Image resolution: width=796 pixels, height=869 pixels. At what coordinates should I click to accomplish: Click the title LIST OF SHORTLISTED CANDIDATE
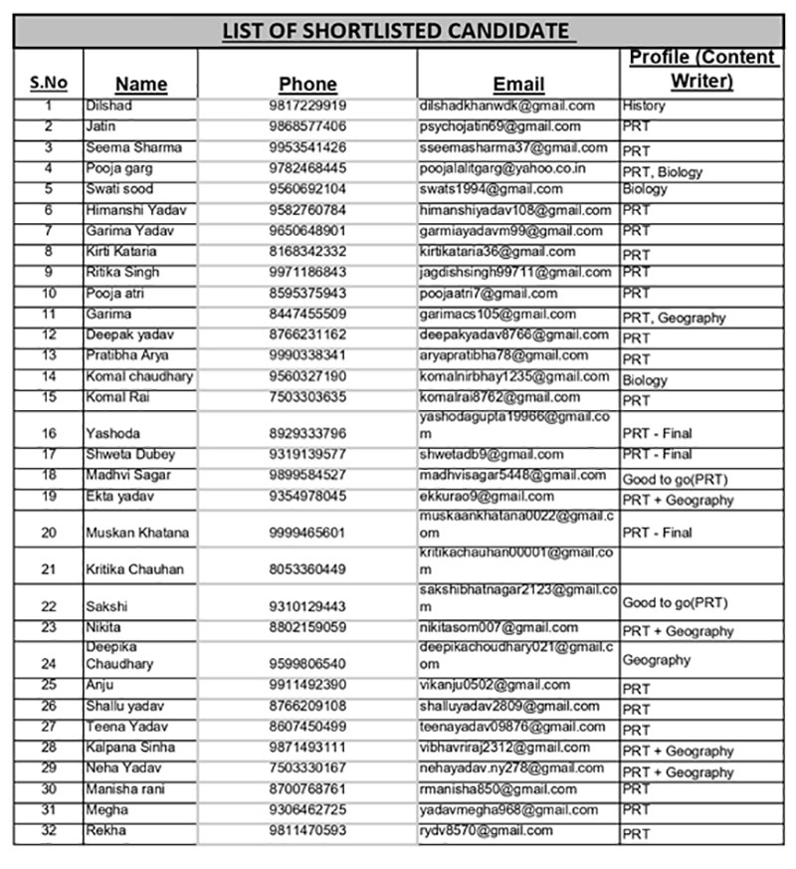point(398,31)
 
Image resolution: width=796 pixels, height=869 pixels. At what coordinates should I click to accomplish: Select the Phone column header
point(307,84)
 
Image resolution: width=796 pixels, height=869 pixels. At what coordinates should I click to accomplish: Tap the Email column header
point(518,84)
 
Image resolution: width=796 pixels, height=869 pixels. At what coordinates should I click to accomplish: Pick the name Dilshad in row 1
point(109,106)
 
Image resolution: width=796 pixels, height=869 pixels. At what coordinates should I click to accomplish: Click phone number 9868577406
point(307,126)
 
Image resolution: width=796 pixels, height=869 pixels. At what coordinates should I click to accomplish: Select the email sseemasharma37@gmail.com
point(513,147)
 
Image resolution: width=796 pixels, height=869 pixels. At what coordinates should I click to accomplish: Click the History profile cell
point(644,106)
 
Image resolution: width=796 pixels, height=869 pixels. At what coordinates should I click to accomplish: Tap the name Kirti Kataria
point(121,252)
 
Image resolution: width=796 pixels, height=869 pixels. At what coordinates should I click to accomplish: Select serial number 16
point(49,433)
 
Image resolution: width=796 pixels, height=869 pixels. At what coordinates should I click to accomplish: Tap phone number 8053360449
point(307,569)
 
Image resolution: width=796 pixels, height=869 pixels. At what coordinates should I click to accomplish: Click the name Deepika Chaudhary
point(119,655)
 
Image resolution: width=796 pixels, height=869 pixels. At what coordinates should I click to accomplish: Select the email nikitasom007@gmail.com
point(498,627)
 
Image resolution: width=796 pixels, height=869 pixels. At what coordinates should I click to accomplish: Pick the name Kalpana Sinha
point(130,748)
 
